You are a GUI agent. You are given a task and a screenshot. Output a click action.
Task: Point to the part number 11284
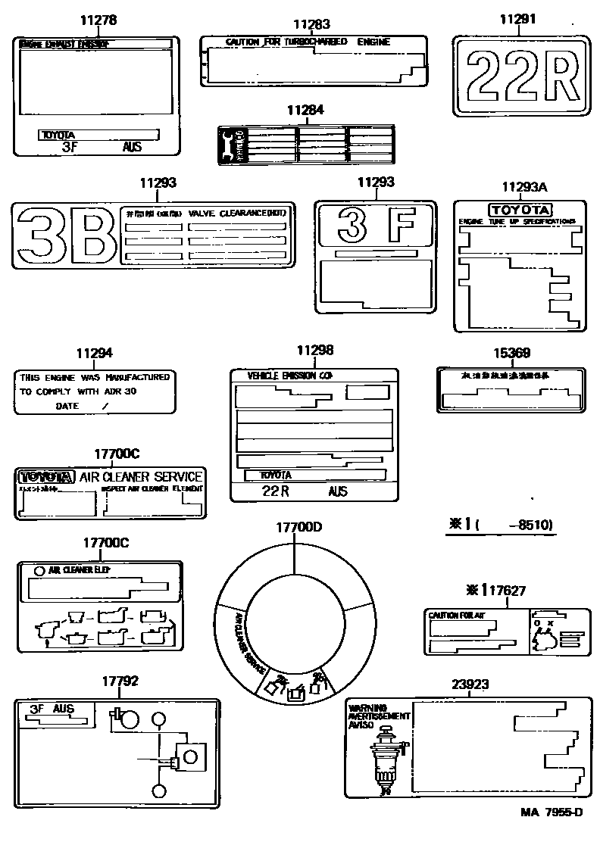(305, 110)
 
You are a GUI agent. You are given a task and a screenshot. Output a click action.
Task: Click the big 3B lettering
(64, 235)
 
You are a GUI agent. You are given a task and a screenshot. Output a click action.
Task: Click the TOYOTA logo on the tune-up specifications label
(520, 210)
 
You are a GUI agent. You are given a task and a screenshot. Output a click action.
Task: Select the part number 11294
(94, 353)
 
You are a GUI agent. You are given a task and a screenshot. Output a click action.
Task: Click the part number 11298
(314, 351)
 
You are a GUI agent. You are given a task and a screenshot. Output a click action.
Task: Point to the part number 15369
(511, 352)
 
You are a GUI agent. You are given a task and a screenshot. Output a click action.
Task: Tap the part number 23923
(470, 685)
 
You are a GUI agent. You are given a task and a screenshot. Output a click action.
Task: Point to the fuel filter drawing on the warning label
(386, 757)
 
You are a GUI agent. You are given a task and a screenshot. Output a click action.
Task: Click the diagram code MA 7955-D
(552, 812)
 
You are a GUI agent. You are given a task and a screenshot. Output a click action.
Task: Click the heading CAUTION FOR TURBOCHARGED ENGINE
(308, 42)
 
